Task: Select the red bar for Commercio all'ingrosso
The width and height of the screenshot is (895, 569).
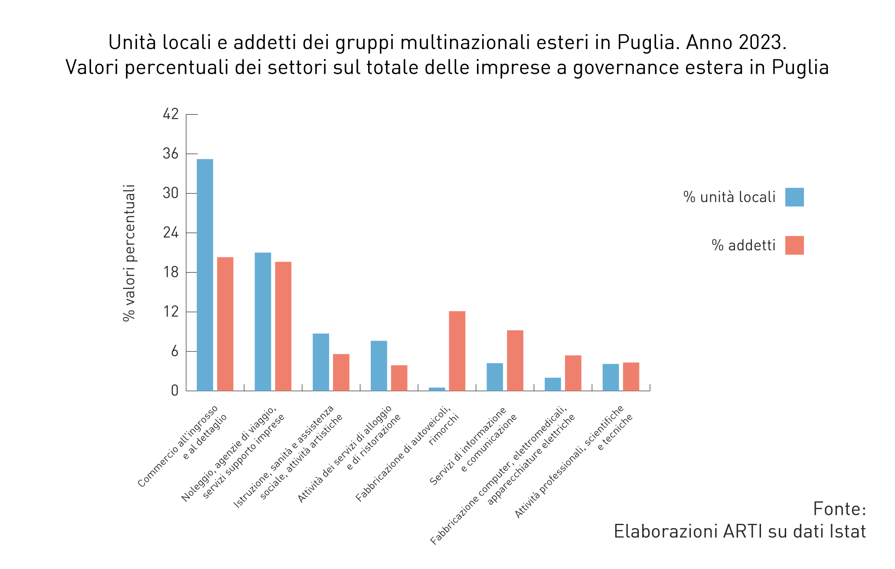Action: click(x=225, y=324)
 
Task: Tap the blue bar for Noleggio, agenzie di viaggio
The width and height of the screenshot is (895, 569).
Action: click(x=263, y=322)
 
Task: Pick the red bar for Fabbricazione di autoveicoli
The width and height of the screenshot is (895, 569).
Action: click(x=457, y=351)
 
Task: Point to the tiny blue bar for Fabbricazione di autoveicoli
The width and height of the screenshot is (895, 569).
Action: click(x=437, y=389)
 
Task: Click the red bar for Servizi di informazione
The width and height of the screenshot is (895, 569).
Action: click(x=515, y=360)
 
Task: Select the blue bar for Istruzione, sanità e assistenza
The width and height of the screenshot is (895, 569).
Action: click(x=321, y=362)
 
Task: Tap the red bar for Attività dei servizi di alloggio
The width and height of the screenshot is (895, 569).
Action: click(x=399, y=378)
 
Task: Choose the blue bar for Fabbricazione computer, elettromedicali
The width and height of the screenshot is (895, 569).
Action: click(x=552, y=384)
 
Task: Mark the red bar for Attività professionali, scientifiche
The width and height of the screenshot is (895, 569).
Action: click(x=631, y=376)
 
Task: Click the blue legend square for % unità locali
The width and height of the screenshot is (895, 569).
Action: click(x=794, y=197)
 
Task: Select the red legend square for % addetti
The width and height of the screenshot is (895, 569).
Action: click(x=794, y=245)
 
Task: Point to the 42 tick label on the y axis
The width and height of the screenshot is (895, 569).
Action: click(x=170, y=114)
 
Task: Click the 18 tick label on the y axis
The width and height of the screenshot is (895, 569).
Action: click(x=170, y=273)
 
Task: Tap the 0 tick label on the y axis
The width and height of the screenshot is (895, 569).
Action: click(x=174, y=391)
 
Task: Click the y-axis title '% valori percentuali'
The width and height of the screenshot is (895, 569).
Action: click(x=129, y=253)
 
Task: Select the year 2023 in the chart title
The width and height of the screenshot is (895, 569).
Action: click(x=759, y=43)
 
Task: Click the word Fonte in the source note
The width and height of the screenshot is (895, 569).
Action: click(x=839, y=509)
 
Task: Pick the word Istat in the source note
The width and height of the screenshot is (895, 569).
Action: click(x=847, y=531)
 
